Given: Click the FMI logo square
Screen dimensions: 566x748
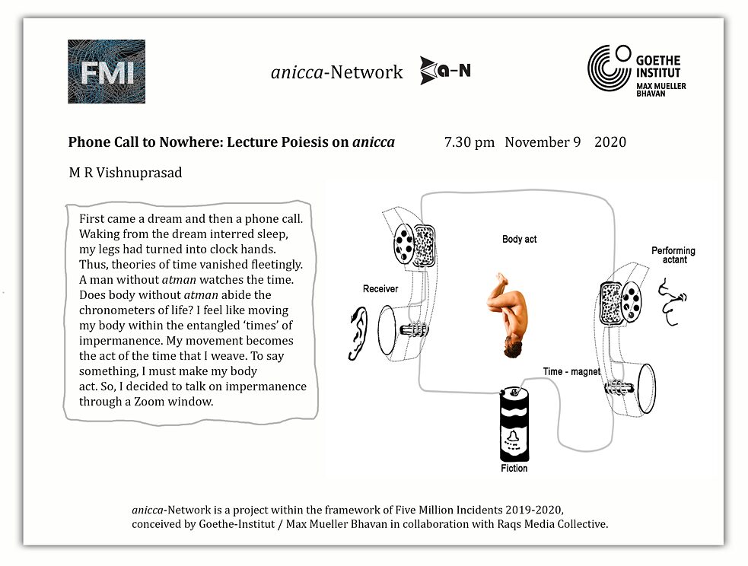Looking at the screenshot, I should pos(107,72).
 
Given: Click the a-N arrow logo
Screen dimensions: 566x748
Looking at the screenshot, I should pos(445,71).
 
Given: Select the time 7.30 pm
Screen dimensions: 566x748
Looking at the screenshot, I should pos(469,142).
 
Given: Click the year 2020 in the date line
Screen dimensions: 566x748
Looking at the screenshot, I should pos(610,142).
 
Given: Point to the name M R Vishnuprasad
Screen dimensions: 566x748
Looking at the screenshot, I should pos(126,173).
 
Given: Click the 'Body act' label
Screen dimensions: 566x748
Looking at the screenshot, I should pos(519,239).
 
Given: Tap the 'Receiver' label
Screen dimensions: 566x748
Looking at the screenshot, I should pos(380,289).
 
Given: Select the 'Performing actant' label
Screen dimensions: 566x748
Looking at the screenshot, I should pos(673,255).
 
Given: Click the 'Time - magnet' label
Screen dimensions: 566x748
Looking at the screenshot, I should pos(571,372).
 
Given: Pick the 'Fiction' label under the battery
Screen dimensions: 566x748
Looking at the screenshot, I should pos(514,469).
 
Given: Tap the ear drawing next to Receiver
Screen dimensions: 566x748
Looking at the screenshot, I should pos(356,332).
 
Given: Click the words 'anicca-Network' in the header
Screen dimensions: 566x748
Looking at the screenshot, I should pos(336,72).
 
